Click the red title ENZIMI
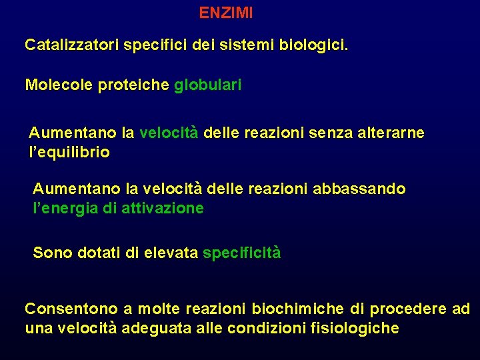226,13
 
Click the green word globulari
207,85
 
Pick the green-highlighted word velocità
169,133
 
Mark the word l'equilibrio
69,153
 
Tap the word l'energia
64,209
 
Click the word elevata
173,253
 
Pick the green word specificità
241,253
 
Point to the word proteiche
129,85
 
